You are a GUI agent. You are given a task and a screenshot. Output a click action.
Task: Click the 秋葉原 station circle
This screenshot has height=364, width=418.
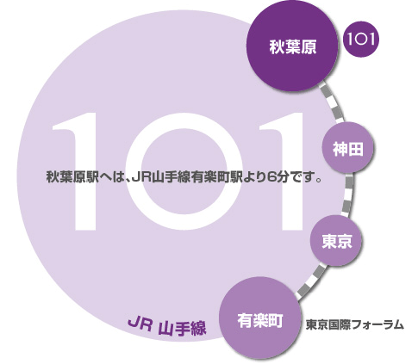point(292,46)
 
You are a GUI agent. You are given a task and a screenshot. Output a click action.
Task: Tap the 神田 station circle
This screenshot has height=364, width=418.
point(347,148)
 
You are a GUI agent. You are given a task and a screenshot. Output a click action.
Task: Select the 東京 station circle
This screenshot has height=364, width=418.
point(335,240)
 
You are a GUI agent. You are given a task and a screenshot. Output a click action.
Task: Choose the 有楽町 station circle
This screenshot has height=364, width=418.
point(260,318)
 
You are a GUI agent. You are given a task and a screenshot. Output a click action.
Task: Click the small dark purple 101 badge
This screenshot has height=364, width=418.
point(361,39)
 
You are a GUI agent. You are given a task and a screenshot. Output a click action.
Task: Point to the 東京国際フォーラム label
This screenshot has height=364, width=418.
point(354,325)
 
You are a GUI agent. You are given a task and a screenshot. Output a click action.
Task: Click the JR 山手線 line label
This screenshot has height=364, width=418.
point(167,326)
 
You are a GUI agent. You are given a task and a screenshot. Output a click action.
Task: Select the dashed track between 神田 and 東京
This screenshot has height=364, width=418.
point(348,195)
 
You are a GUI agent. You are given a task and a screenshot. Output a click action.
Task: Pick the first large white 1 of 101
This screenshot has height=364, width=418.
point(80,171)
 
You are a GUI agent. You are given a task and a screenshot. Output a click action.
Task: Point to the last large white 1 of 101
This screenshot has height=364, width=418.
point(287,171)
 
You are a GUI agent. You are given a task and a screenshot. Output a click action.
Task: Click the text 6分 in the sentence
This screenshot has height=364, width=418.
point(278,177)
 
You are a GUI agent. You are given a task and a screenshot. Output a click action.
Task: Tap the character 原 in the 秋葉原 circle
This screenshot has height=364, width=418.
point(309,47)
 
